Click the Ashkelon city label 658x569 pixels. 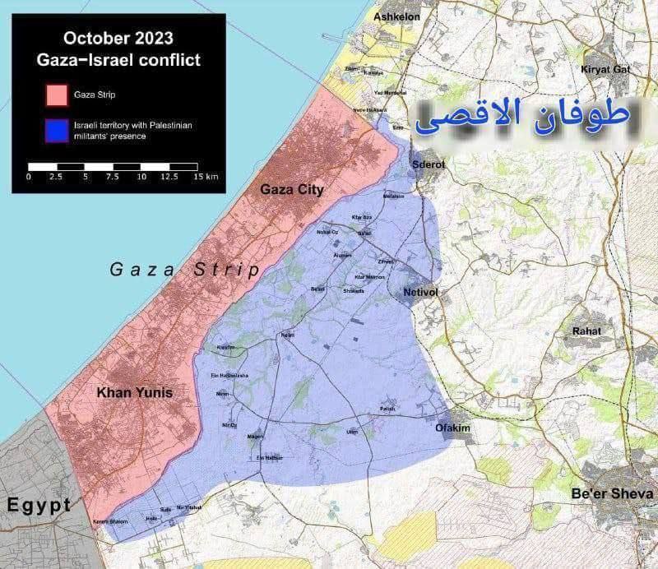coord(396,16)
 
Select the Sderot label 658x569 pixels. coord(428,164)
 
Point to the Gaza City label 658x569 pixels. coord(292,190)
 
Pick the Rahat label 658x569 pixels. coord(586,331)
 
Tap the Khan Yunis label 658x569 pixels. coord(135,393)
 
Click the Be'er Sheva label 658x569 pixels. coord(613,494)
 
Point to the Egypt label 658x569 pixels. coord(37,505)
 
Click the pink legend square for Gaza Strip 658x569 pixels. coord(57,95)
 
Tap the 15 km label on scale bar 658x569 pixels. coord(206,177)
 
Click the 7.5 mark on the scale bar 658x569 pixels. coord(113,177)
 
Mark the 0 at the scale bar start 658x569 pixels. coord(29,177)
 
